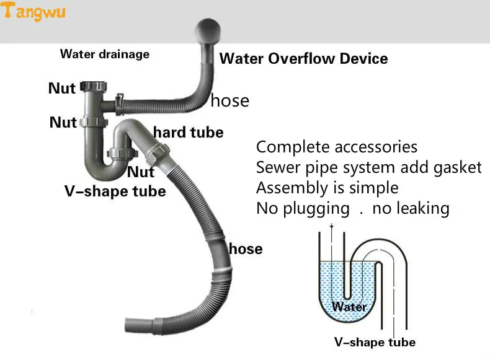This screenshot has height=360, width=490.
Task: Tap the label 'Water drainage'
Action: (x=104, y=54)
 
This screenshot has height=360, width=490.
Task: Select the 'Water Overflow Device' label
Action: (x=304, y=59)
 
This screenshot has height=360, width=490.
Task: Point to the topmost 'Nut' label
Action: (x=62, y=89)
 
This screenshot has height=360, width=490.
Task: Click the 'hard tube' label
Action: (x=188, y=132)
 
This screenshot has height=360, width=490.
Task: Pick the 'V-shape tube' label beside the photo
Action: (x=115, y=191)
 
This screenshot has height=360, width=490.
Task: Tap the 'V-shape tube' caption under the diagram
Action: (x=375, y=342)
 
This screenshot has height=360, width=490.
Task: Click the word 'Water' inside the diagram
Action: (x=349, y=306)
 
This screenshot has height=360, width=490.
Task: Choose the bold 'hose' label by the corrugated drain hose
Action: (x=246, y=249)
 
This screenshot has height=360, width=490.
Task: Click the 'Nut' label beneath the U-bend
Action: (x=141, y=171)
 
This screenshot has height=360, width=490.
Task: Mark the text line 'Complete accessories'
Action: (x=337, y=147)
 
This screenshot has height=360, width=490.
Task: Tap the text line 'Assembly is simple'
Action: (x=327, y=187)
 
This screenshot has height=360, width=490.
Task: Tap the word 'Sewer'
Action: (x=277, y=167)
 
